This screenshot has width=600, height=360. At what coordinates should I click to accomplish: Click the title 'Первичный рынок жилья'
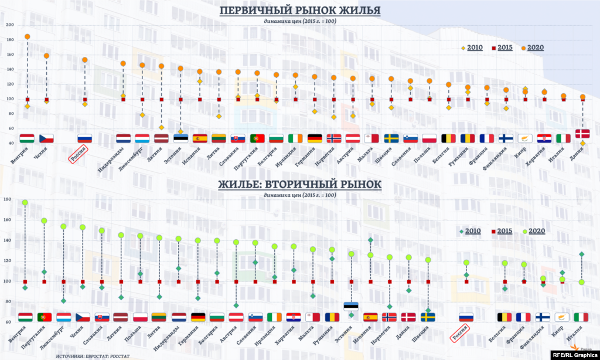click(300, 11)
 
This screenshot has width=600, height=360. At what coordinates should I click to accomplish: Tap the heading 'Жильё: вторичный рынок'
click(300, 184)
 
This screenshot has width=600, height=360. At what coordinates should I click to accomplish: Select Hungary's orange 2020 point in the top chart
click(27, 36)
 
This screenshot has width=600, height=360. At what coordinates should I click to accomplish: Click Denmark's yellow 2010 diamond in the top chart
click(582, 143)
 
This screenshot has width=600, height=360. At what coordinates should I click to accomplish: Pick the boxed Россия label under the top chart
click(79, 157)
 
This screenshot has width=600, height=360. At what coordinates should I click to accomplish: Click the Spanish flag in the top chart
click(200, 138)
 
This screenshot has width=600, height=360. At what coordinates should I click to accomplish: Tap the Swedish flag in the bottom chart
click(428, 317)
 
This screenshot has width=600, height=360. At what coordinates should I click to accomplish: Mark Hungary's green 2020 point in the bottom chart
click(25, 203)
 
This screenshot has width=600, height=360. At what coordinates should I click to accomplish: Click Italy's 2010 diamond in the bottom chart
click(581, 254)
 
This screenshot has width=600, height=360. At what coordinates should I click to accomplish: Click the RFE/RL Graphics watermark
click(573, 354)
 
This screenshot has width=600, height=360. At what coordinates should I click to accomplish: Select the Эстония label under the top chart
click(173, 155)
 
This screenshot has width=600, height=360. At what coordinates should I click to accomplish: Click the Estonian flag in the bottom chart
click(350, 305)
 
